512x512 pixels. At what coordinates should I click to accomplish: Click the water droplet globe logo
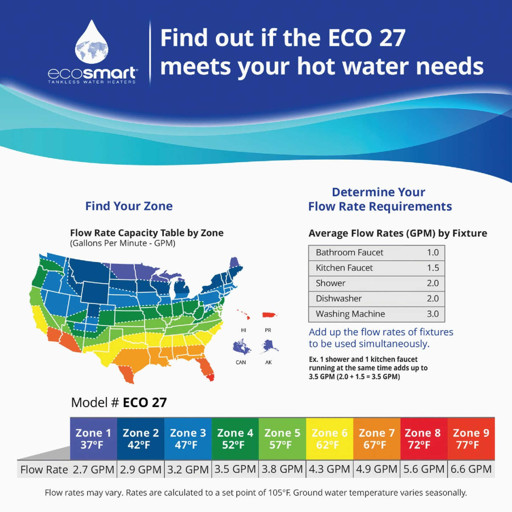pyautogui.click(x=92, y=43)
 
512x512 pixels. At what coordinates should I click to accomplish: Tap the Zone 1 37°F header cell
pyautogui.click(x=93, y=439)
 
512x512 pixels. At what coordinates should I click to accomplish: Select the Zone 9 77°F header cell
pyautogui.click(x=471, y=439)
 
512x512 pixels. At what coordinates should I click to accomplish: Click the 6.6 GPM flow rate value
pyautogui.click(x=471, y=469)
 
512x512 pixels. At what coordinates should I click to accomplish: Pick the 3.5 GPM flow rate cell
pyautogui.click(x=235, y=469)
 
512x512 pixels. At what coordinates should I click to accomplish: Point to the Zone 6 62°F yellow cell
pyautogui.click(x=329, y=439)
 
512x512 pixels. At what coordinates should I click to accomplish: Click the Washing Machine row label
pyautogui.click(x=350, y=314)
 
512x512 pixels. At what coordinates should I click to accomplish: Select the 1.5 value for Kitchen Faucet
pyautogui.click(x=433, y=268)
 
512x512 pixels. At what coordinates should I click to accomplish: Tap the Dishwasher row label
pyautogui.click(x=338, y=299)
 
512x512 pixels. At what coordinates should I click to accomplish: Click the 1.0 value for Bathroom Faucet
pyautogui.click(x=433, y=252)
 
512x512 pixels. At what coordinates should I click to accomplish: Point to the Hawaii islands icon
pyautogui.click(x=244, y=315)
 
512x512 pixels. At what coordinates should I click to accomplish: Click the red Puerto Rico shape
pyautogui.click(x=269, y=315)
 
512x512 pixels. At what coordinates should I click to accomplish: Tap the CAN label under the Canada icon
pyautogui.click(x=241, y=362)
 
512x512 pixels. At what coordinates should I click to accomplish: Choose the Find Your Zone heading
pyautogui.click(x=129, y=206)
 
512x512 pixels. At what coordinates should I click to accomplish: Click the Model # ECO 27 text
pyautogui.click(x=119, y=402)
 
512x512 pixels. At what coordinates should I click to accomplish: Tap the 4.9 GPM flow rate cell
pyautogui.click(x=377, y=469)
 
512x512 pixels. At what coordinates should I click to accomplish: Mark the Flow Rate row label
pyautogui.click(x=44, y=470)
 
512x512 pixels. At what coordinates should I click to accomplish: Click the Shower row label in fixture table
pyautogui.click(x=330, y=283)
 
